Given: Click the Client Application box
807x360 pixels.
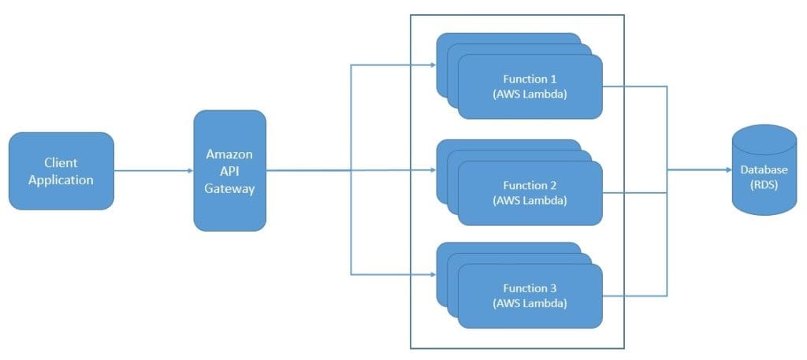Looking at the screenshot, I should (x=61, y=170).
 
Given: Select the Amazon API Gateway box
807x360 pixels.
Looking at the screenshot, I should (x=229, y=170).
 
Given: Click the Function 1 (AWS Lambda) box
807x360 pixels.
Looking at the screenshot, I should (x=530, y=87).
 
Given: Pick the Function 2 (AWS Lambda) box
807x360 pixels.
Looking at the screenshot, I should (x=530, y=193).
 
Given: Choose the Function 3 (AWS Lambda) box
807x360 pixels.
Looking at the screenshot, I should (x=530, y=296).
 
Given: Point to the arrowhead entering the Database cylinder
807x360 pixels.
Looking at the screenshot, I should (x=726, y=170).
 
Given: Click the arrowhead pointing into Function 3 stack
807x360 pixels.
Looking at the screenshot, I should (x=433, y=274).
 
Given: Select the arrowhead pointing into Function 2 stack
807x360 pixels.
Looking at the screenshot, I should (x=433, y=170).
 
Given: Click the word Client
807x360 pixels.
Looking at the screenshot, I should (x=61, y=163).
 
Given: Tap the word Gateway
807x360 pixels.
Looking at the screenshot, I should (x=229, y=189).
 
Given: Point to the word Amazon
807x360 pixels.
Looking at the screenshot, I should (x=229, y=154).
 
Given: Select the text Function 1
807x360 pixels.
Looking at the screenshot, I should (x=530, y=79).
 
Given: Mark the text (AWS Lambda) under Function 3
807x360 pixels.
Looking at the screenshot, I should (x=530, y=303).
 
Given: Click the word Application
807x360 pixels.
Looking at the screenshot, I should (x=61, y=180).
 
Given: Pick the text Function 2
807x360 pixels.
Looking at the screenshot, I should (x=530, y=185).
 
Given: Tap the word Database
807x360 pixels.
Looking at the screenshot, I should (x=764, y=169).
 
